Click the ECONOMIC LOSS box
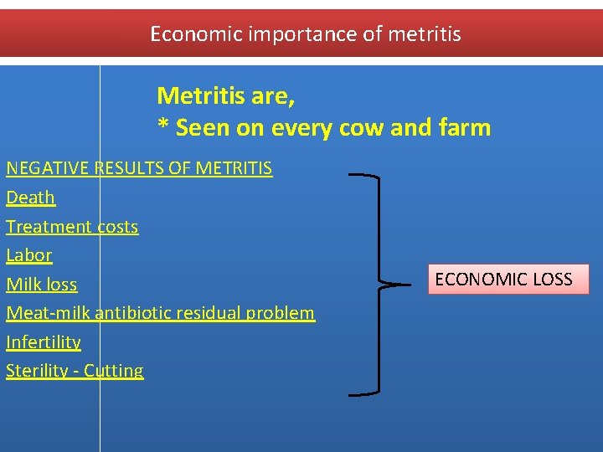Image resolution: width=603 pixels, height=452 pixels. (508, 279)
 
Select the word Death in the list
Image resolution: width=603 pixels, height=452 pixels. (31, 198)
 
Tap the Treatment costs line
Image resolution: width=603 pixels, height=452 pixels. (72, 227)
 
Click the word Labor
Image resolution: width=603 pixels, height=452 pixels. (29, 255)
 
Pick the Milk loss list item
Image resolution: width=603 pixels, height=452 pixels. (42, 285)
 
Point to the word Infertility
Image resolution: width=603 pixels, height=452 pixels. (44, 342)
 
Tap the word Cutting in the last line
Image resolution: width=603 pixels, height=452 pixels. (114, 371)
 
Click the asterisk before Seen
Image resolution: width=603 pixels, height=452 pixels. (163, 127)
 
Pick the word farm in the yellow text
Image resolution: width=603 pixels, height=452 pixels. (467, 128)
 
